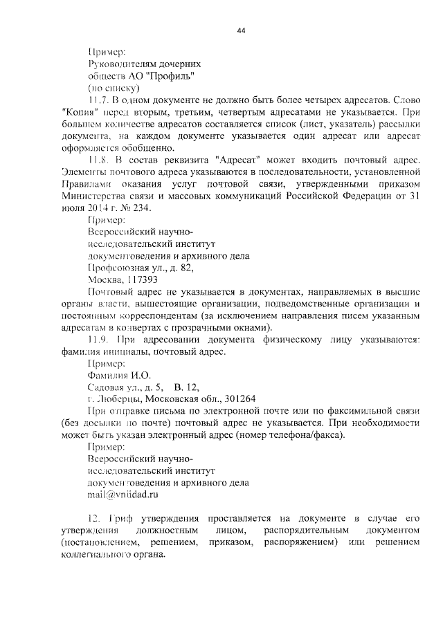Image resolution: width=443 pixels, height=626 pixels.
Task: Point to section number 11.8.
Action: coord(99,158)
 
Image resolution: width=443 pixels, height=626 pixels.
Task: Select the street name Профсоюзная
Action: coord(119,268)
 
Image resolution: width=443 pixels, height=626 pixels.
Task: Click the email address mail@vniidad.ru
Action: coord(123,495)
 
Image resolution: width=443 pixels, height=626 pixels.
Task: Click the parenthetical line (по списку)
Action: coord(114,89)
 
